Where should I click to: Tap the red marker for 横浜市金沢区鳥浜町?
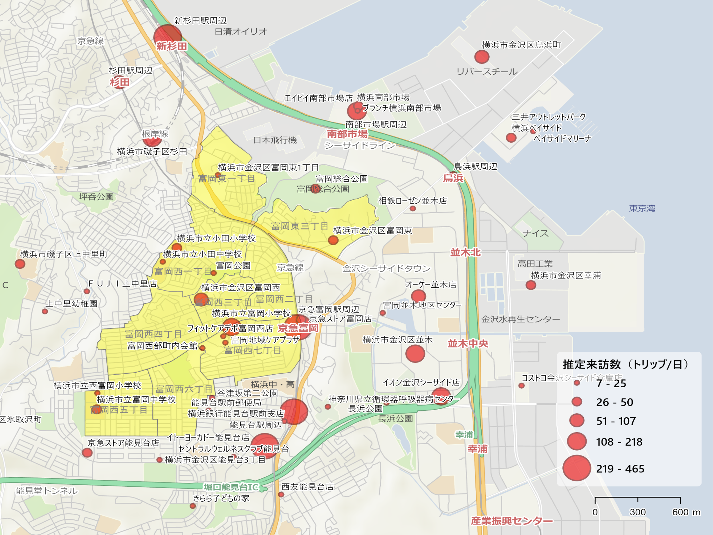482,57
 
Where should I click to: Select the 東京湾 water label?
642,208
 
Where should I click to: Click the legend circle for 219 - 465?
576,468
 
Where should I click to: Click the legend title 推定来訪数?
591,364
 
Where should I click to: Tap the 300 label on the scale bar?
637,512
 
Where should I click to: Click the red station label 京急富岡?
298,328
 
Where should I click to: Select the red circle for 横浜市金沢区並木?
415,354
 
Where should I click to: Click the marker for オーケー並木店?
418,296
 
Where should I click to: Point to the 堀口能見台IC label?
231,487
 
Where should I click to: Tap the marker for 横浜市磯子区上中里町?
20,264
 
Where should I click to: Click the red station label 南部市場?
347,134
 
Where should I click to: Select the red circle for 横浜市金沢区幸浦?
531,285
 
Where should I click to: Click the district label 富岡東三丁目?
300,226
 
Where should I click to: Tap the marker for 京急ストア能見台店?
87,453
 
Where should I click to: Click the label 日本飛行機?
275,140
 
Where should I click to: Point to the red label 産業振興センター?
512,521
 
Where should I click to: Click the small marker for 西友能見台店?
281,495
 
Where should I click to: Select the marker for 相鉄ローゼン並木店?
413,208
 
